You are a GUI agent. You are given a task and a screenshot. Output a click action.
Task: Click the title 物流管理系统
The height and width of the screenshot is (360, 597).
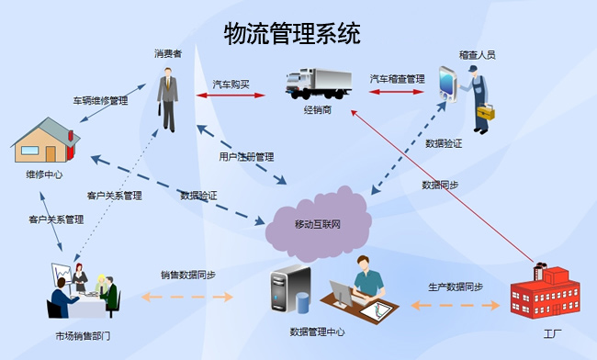[x=292, y=35]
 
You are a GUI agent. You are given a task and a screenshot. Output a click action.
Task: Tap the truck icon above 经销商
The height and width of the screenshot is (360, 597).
[x=317, y=84]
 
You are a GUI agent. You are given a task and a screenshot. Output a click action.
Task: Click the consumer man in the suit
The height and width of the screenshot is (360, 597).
[x=168, y=97]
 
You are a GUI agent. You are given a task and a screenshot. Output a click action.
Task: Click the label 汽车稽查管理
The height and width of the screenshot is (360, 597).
[x=397, y=79]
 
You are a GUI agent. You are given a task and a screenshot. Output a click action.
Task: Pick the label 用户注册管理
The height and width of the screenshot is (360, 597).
[x=246, y=157]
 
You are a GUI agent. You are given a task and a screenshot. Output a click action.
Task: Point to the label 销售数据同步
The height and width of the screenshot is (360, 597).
[x=187, y=275]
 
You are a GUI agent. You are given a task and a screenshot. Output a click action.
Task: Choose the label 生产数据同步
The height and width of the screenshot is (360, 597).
[x=455, y=287]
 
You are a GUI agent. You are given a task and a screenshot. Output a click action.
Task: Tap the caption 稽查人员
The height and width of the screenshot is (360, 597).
[x=477, y=55]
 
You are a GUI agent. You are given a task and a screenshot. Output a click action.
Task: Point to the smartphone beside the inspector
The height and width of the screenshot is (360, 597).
[x=447, y=84]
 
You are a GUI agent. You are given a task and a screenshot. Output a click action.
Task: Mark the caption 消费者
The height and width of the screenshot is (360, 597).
[x=168, y=54]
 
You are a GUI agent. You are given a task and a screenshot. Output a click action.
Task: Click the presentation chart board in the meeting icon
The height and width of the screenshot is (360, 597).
[x=62, y=274]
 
